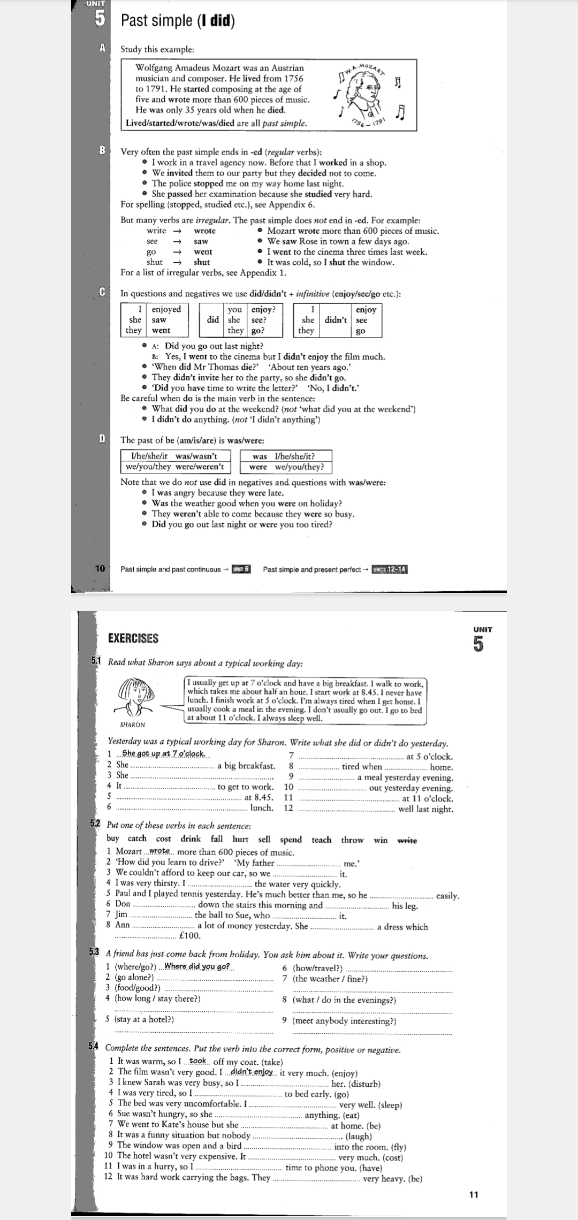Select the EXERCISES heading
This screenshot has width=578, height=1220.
coord(133,638)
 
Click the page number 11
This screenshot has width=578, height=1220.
coord(473,1194)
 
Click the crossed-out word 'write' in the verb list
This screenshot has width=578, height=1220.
coord(407,840)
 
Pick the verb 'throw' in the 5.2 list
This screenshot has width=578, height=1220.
coord(352,840)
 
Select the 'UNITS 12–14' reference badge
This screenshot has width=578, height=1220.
coord(390,569)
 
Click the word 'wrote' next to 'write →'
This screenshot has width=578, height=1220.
coord(204,231)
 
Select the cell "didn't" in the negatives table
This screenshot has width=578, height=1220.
coord(336,320)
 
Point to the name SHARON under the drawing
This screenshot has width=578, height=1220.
coord(133,725)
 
